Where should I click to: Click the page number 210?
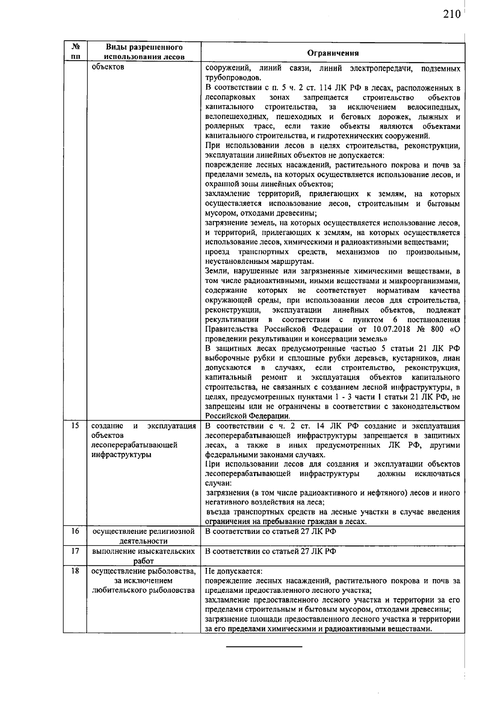click(452, 15)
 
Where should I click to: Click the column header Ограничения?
click(333, 53)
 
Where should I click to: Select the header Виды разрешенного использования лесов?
click(144, 52)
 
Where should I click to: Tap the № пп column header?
click(75, 52)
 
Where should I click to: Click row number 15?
click(75, 426)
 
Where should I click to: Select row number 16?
click(75, 531)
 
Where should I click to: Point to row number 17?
click(75, 551)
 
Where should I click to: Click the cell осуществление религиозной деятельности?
click(143, 536)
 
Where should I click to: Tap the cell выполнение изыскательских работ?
click(143, 556)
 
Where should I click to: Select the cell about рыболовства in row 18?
click(143, 580)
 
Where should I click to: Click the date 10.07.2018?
click(388, 329)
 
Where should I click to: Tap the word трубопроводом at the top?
click(233, 78)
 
